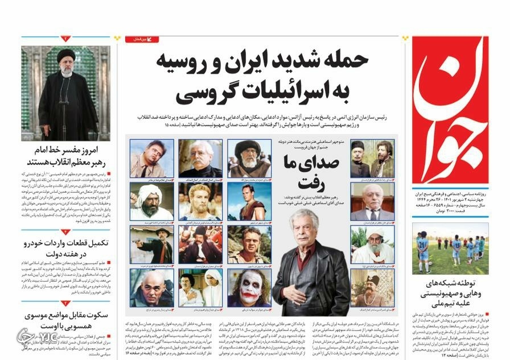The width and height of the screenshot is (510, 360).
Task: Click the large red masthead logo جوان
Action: (x=450, y=108)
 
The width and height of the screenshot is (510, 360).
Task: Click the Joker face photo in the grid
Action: (x=249, y=288)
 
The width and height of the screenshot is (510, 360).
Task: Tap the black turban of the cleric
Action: (x=67, y=55)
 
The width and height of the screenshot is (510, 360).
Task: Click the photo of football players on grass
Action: (x=450, y=248)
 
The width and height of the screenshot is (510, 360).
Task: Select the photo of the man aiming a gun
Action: (x=151, y=245)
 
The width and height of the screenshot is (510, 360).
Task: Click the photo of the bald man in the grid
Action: (x=151, y=287)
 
